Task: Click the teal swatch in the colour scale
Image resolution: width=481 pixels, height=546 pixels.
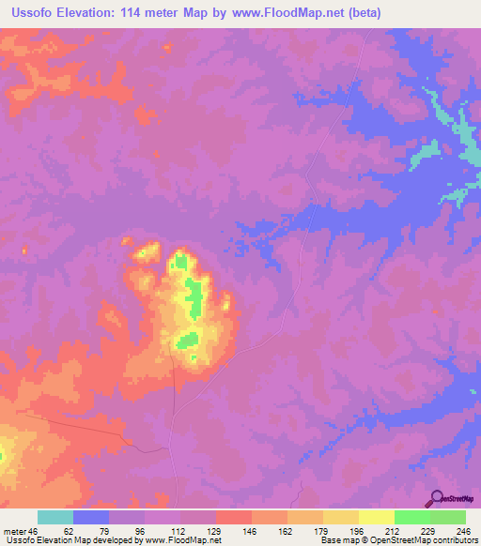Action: (55, 517)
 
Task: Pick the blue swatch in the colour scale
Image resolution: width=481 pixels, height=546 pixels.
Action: (91, 517)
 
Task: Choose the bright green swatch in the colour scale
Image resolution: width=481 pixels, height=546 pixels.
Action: (411, 517)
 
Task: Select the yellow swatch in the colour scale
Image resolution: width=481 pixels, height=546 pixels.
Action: (376, 517)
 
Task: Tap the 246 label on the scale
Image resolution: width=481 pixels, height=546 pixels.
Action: (448, 530)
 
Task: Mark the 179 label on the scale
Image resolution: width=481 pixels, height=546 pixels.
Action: (304, 530)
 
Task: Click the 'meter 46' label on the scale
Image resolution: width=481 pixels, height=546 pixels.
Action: (19, 530)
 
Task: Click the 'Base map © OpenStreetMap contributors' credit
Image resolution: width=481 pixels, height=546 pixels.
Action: (398, 540)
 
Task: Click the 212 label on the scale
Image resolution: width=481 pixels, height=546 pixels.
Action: (376, 530)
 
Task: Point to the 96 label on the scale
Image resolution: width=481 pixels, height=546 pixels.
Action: (128, 530)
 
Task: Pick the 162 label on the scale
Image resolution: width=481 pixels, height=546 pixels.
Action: (269, 530)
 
